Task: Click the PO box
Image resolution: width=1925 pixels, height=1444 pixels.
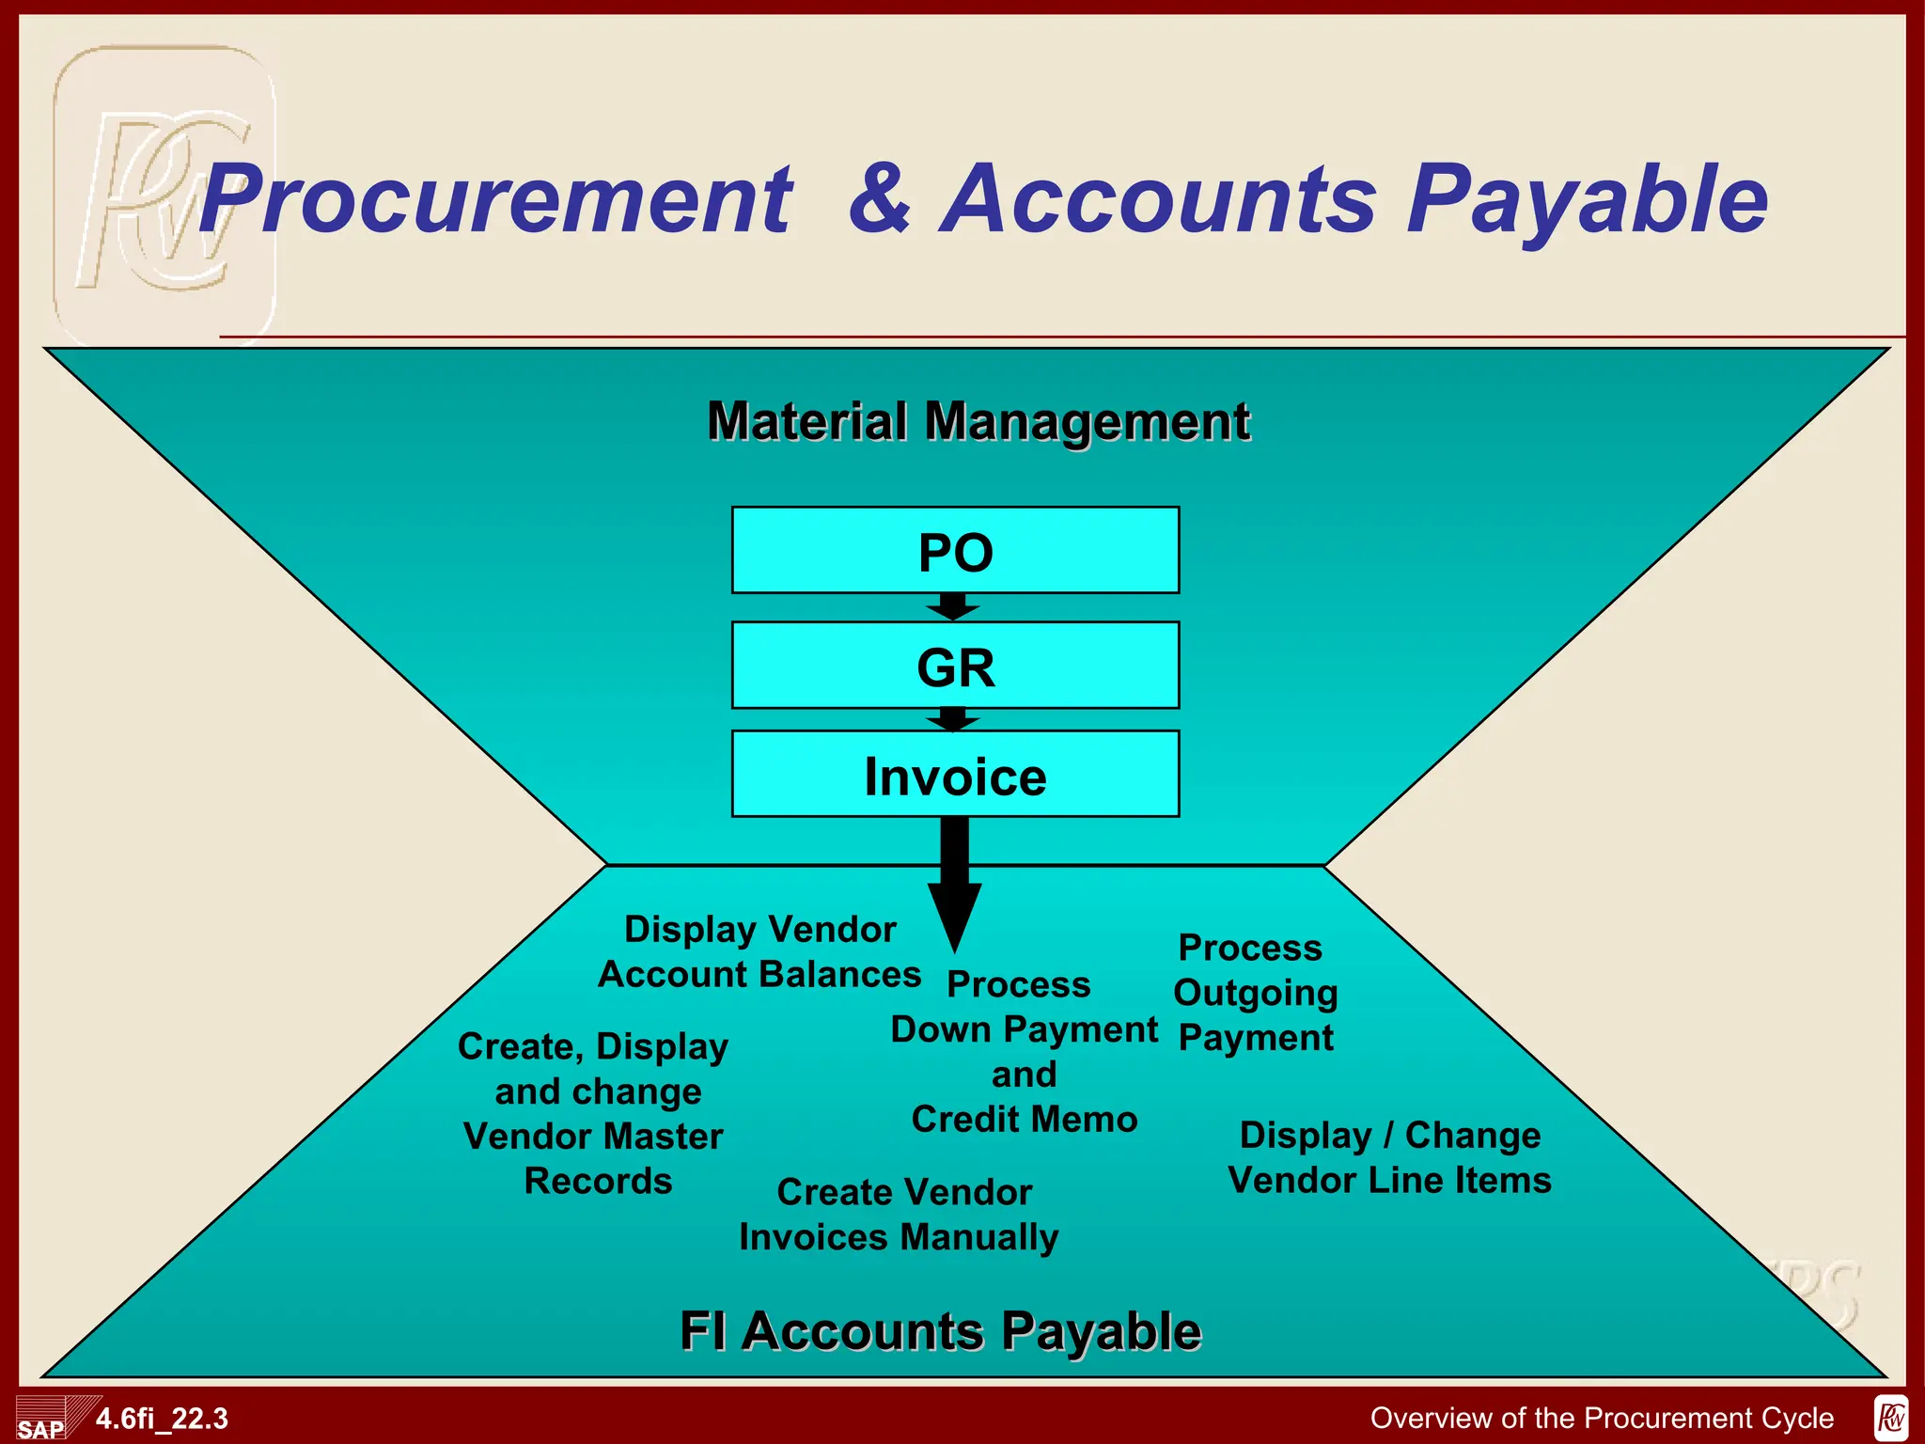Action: coord(955,551)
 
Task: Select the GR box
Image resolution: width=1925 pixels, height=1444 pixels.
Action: coord(955,666)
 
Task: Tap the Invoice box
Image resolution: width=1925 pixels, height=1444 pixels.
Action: coord(955,775)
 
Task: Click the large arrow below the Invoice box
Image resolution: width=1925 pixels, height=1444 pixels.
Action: coord(954,884)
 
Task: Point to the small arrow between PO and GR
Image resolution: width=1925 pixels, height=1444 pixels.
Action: coord(953,607)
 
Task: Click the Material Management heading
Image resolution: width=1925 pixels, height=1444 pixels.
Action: coord(978,420)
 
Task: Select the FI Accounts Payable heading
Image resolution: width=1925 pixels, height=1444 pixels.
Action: coord(940,1331)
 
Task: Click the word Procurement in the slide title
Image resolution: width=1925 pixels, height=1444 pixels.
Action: coord(496,199)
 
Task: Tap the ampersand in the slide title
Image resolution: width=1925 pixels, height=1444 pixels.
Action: coord(880,199)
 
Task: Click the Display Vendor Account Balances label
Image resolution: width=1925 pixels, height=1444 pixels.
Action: coord(759,951)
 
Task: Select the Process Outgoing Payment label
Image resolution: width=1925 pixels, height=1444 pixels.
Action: coord(1255,993)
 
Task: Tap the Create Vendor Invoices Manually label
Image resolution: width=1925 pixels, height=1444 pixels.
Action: coord(900,1215)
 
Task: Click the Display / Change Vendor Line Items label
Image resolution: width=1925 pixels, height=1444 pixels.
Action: coord(1389,1157)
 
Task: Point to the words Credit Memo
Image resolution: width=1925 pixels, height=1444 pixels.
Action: coord(1025,1120)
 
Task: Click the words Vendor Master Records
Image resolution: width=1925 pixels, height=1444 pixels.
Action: coord(595,1158)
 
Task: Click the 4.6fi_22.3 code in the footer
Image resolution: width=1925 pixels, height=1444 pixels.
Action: coord(162,1419)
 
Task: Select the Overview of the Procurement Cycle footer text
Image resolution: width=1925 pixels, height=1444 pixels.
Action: coord(1602,1418)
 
